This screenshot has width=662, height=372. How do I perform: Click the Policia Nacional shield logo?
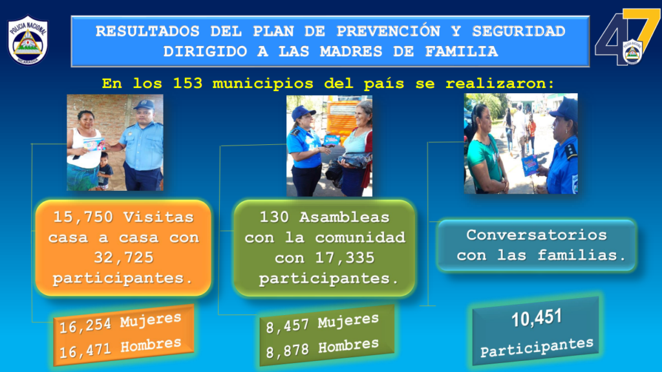tap(28, 41)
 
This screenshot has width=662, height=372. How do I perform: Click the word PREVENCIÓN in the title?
tap(388, 31)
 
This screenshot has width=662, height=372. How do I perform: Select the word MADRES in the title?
tap(351, 52)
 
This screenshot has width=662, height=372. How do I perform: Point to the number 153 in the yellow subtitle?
tap(187, 83)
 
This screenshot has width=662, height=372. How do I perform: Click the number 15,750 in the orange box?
tap(83, 217)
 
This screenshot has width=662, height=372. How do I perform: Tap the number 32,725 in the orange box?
tap(123, 257)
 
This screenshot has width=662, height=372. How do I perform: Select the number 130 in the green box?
tap(274, 217)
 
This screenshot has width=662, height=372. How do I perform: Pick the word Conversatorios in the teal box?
tap(537, 235)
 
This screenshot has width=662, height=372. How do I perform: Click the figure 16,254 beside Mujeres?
tap(85, 326)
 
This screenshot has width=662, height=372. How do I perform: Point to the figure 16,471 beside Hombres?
tap(85, 351)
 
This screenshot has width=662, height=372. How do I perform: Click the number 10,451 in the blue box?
tap(537, 318)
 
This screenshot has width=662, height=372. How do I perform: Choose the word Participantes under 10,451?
tap(537, 347)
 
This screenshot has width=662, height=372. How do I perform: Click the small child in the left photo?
tap(104, 171)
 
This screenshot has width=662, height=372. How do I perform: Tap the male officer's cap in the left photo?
tap(144, 104)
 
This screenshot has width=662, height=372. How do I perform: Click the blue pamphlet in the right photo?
tap(530, 165)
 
